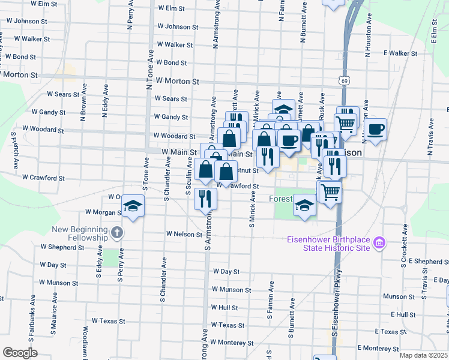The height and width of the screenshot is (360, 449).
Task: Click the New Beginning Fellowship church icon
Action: click(116, 232)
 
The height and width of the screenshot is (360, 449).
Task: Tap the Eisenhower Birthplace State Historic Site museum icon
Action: click(379, 244)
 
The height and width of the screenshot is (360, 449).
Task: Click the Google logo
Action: click(20, 353)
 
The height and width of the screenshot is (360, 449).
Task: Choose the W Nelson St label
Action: click(185, 233)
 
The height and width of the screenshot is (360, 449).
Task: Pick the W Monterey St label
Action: click(232, 343)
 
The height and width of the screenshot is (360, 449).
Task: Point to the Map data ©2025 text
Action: click(423, 355)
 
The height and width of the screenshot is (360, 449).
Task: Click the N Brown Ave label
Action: click(83, 103)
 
